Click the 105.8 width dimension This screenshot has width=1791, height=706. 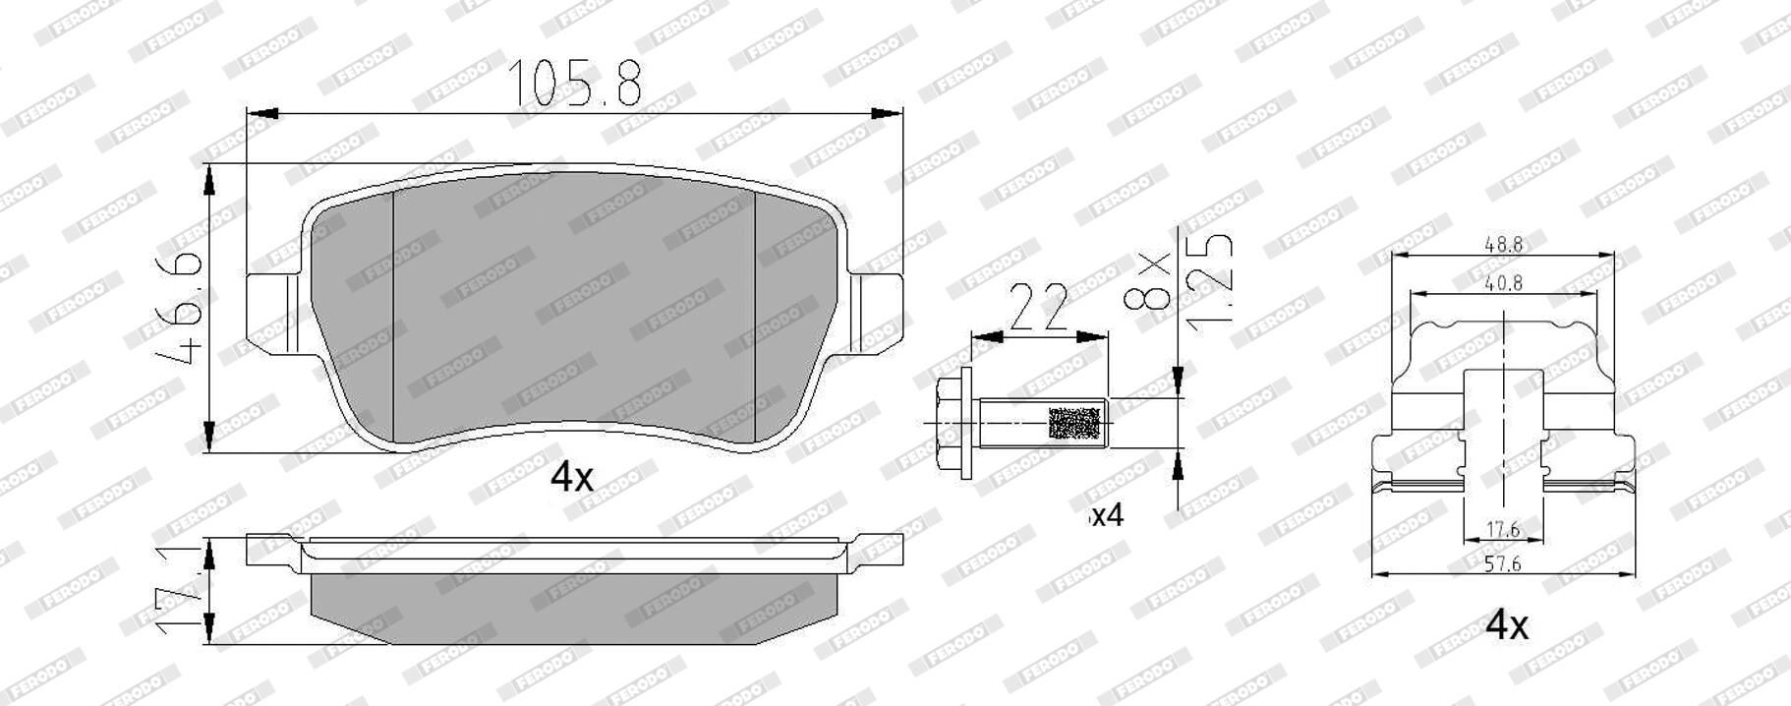pos(574,83)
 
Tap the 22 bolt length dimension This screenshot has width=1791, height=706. pos(1039,307)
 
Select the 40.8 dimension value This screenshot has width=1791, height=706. pos(1505,282)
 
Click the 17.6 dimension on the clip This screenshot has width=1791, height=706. pos(1503,529)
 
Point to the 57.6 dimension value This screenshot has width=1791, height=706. pos(1503,563)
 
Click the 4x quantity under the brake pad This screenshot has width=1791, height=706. pos(571,478)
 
